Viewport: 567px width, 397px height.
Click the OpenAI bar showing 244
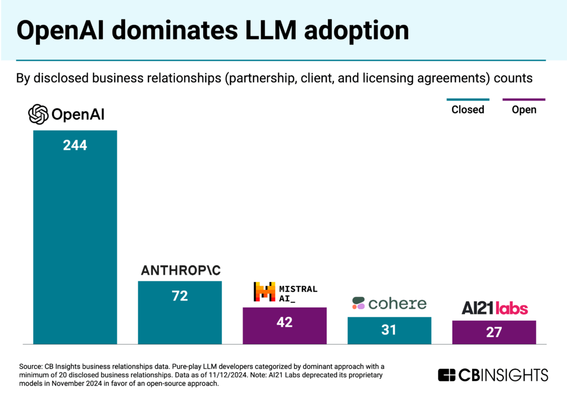tap(75, 238)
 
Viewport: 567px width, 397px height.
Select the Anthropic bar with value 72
tap(179, 312)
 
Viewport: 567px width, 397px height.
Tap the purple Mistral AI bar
tap(284, 326)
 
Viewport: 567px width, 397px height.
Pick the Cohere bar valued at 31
tap(389, 331)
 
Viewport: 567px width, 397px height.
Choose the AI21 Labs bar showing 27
tap(494, 332)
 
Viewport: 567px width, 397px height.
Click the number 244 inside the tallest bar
tap(75, 146)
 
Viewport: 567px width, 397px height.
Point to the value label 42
tap(284, 322)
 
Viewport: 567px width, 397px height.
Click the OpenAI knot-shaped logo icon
tap(39, 114)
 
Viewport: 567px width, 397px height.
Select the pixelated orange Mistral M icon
tap(264, 292)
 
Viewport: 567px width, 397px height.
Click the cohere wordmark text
tap(397, 303)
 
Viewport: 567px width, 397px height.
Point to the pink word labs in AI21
tap(511, 309)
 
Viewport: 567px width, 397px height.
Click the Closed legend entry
tap(467, 109)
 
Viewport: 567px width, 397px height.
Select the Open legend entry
tap(524, 109)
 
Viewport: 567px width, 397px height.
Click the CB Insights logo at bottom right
tap(493, 375)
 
